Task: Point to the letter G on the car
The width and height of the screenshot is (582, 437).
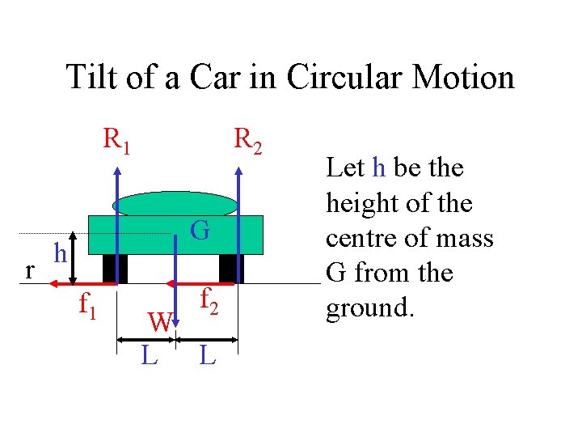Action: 200,231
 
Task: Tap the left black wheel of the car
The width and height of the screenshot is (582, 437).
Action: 111,267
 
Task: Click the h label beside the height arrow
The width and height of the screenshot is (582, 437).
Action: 59,253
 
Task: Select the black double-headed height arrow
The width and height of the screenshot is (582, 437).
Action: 74,258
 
